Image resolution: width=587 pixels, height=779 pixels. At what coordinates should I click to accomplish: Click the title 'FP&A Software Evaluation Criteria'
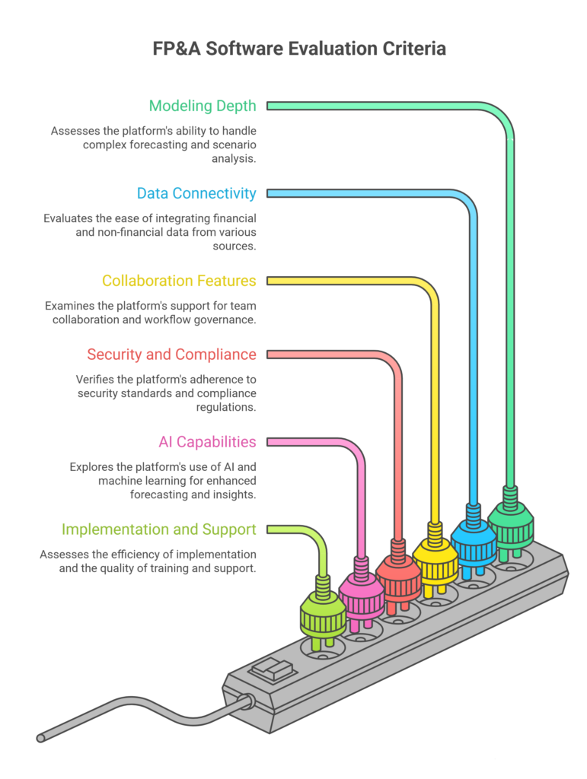[x=293, y=49]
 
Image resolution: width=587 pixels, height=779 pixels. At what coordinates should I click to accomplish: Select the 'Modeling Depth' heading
[x=203, y=106]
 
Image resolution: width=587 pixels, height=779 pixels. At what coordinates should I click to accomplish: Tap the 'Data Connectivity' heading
[x=196, y=193]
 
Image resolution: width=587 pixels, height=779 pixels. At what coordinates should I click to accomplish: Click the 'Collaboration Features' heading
[x=179, y=281]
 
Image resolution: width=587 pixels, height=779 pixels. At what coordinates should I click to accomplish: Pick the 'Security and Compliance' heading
[x=171, y=354]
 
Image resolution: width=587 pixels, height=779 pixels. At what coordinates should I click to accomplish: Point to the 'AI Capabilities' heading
[x=207, y=442]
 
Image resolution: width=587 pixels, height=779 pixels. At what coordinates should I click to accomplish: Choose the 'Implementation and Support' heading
[x=158, y=529]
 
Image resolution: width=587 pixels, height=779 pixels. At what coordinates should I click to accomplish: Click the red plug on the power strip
[x=398, y=578]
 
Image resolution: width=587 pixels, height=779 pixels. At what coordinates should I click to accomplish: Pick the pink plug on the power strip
[x=361, y=596]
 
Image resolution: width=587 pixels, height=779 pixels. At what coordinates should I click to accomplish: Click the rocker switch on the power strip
[x=273, y=671]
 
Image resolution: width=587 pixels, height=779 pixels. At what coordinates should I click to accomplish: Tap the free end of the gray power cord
[x=41, y=737]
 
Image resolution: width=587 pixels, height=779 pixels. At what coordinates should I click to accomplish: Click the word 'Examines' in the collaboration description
[x=70, y=306]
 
